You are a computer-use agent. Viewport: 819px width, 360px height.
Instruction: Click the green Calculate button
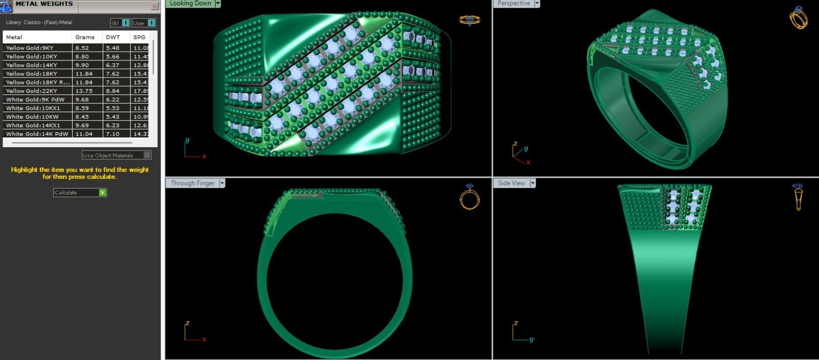102,193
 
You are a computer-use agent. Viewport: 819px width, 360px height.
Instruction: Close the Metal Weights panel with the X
154,6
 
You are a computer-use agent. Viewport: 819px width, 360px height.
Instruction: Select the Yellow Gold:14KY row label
31,65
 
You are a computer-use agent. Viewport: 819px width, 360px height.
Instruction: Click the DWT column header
113,37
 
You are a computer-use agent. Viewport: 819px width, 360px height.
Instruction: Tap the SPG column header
139,37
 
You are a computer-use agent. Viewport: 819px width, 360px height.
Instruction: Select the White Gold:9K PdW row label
35,99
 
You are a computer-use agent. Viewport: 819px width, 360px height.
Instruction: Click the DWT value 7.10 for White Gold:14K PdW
113,134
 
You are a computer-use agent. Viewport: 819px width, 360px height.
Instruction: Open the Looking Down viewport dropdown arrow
218,3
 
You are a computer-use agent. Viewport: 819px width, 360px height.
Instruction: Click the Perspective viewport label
513,3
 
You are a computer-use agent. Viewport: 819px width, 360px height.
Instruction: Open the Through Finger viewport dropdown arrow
222,183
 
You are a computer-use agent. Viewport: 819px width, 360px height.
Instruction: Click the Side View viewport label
511,183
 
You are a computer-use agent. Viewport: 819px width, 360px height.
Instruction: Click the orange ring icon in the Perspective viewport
798,18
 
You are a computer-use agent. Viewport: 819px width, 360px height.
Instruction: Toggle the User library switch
151,23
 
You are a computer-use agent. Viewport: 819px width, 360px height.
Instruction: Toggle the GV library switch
125,23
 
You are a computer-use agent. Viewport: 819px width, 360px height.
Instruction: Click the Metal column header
14,37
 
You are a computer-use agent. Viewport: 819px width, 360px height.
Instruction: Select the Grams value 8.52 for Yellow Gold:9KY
82,48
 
